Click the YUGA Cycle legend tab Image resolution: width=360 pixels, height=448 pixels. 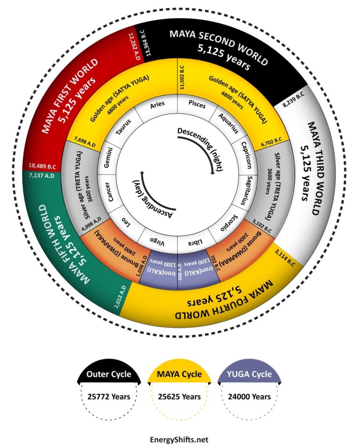(x=250, y=374)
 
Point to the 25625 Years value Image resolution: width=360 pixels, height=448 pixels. (x=180, y=397)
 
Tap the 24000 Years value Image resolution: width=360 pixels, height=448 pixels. (x=250, y=397)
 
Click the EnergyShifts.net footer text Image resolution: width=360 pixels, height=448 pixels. (x=180, y=439)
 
